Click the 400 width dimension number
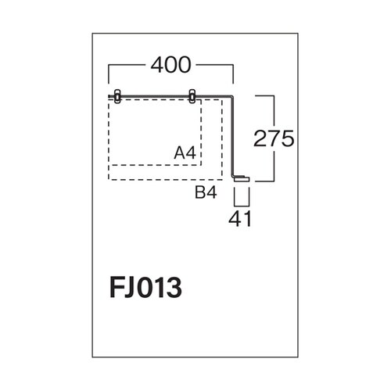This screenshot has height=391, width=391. point(170,65)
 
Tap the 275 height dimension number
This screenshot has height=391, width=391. point(274,138)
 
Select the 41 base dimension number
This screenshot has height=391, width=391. point(240,218)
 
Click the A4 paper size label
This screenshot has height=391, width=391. point(185,152)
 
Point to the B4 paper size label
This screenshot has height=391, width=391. point(206,193)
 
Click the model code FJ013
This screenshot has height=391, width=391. point(145,287)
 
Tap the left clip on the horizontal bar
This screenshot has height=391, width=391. point(117,96)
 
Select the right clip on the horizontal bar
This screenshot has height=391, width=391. point(192,96)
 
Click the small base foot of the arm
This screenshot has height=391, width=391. point(242,179)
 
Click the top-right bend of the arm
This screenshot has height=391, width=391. point(233,96)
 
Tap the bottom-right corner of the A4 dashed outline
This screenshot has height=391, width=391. point(201,165)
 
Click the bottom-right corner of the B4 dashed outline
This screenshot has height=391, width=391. point(222,179)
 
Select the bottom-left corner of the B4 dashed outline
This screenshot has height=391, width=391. point(109,179)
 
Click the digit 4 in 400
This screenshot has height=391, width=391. point(157,65)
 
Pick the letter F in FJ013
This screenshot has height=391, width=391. point(116,287)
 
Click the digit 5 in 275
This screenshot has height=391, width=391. point(288,138)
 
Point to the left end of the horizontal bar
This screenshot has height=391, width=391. point(109,96)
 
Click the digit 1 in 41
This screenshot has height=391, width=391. point(247,218)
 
